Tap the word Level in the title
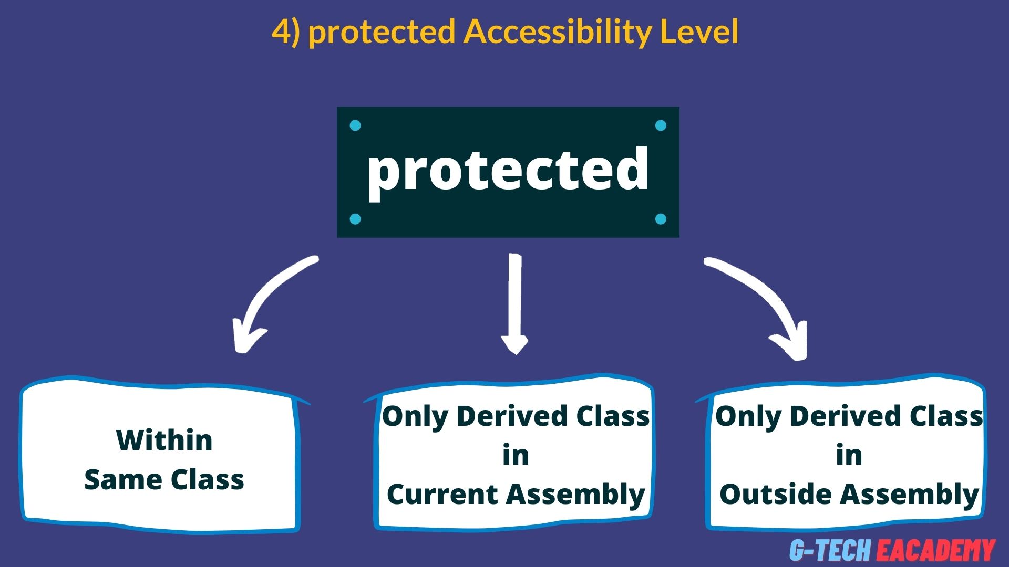[699, 31]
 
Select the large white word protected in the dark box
[508, 171]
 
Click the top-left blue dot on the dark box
[355, 125]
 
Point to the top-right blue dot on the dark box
[661, 125]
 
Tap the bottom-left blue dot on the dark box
[355, 219]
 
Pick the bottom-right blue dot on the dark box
[661, 219]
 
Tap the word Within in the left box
[164, 440]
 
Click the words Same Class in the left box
[164, 480]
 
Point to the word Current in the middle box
[442, 495]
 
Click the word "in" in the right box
[849, 455]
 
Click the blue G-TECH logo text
[830, 550]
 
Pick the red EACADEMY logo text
[935, 550]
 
